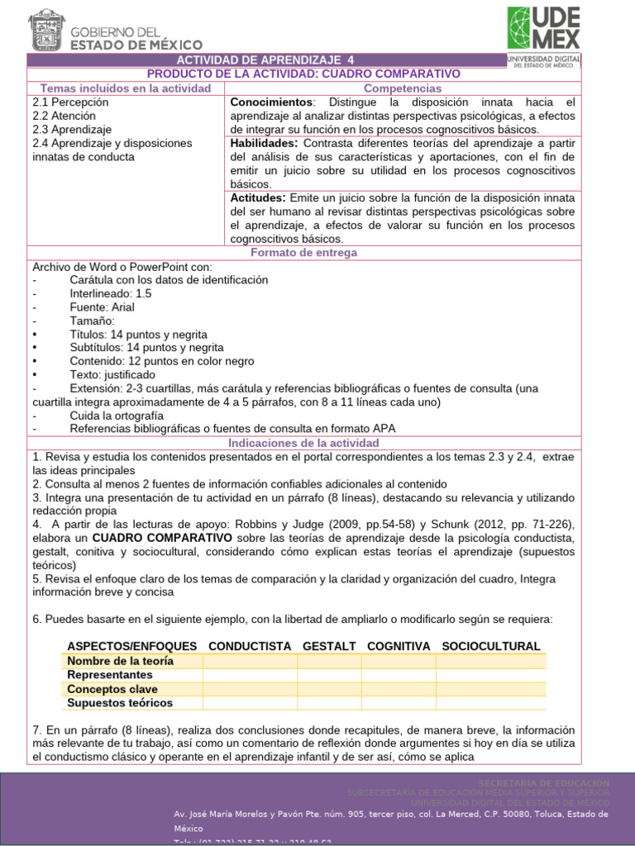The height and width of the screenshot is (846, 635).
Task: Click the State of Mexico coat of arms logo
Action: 46,31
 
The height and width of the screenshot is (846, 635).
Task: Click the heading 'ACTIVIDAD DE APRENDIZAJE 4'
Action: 265,60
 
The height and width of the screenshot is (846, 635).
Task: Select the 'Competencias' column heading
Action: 403,88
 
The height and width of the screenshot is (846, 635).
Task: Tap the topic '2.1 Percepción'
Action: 70,102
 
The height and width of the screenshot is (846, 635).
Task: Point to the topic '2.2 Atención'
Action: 65,116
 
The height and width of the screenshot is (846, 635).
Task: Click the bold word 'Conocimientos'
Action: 271,102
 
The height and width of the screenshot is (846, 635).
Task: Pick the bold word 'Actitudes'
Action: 258,198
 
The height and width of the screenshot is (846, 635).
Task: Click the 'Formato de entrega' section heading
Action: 304,253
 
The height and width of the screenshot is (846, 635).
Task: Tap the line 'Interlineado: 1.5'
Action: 112,293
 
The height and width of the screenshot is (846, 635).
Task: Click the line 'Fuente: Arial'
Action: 102,307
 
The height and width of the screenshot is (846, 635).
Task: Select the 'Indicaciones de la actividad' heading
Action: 304,444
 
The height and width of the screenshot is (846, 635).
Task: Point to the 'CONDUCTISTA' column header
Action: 250,646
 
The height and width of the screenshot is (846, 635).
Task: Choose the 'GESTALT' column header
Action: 329,646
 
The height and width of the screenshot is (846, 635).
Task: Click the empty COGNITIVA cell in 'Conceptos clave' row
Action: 399,689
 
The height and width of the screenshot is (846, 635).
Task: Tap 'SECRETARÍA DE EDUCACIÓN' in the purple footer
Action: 544,782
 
